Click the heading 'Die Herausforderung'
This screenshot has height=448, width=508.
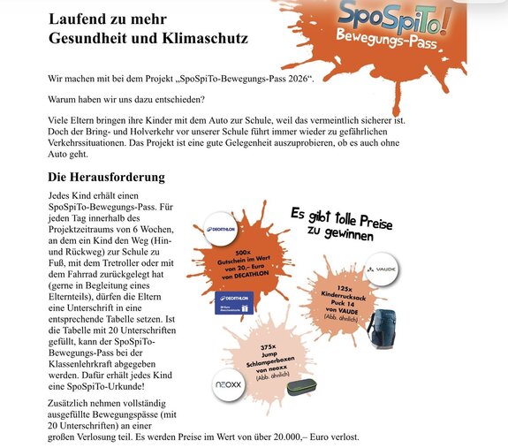click(x=106, y=177)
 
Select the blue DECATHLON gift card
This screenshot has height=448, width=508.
click(x=233, y=301)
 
